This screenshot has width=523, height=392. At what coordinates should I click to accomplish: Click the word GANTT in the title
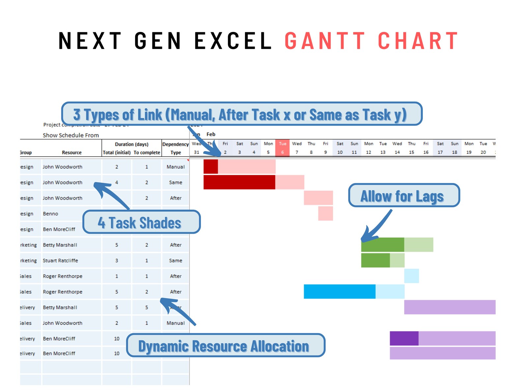tap(325, 41)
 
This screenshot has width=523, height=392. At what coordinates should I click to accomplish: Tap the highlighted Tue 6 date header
tap(282, 148)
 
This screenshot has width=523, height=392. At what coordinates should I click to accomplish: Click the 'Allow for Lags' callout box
tap(404, 196)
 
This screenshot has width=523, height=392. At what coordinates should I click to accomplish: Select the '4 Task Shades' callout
tap(141, 222)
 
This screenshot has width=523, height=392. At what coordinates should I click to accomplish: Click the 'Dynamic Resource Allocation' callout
tap(225, 346)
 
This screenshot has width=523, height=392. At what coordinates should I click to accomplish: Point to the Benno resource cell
tap(50, 214)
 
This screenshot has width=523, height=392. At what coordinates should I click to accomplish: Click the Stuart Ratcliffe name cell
tap(61, 260)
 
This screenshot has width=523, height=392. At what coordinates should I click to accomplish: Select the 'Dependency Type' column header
tap(176, 148)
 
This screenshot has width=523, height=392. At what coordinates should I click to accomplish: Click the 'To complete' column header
tap(147, 152)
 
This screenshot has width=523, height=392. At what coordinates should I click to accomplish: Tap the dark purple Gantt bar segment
tap(404, 338)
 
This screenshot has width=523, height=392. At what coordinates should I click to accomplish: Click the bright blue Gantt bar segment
tap(339, 292)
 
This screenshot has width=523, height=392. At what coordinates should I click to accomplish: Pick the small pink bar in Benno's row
tap(325, 214)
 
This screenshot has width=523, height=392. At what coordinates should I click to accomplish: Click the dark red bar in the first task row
tap(210, 167)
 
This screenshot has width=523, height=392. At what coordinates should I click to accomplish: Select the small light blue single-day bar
tap(411, 276)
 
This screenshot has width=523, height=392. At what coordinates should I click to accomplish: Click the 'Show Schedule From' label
tap(71, 135)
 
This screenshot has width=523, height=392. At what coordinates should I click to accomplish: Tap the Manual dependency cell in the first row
tap(176, 167)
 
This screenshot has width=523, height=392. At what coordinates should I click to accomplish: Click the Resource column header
tap(72, 152)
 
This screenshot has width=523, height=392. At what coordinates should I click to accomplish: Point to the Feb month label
tap(211, 134)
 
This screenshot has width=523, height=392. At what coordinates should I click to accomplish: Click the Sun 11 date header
tap(354, 148)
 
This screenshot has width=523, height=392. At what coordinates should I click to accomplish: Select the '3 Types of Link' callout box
tap(241, 114)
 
